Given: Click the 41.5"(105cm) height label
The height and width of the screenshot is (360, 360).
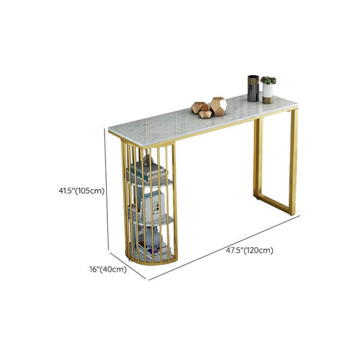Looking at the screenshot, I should [81, 190].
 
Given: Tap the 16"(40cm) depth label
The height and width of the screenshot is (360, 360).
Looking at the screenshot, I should [107, 269].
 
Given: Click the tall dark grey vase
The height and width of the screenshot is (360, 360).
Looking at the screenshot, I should [253, 88].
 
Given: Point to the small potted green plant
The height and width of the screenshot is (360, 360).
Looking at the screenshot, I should [268, 81].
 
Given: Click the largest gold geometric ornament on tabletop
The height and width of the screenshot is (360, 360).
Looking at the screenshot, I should [217, 106].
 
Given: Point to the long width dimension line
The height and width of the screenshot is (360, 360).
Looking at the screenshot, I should [223, 247].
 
